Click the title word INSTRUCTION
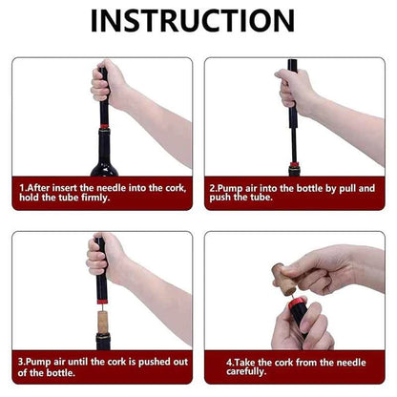(x=198, y=21)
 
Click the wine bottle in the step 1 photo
(x=100, y=157)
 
